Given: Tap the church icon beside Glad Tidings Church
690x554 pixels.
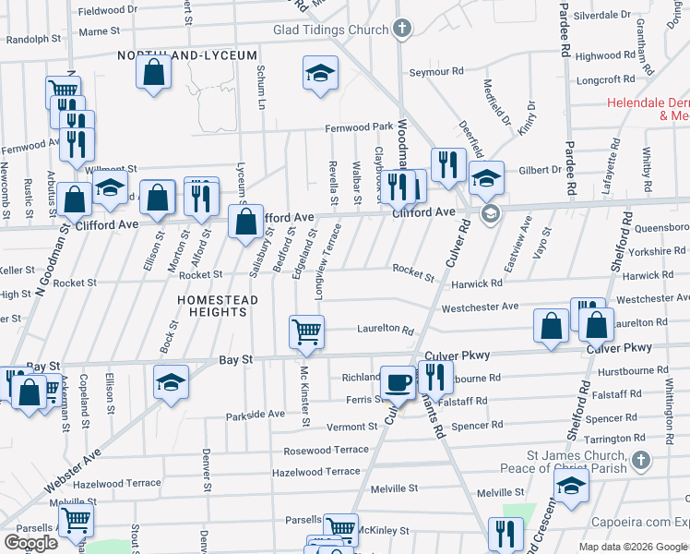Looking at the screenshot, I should coord(401,29).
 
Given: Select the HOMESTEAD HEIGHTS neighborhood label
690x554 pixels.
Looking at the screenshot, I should coord(213,306).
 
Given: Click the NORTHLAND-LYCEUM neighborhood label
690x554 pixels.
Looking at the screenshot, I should coord(187,55).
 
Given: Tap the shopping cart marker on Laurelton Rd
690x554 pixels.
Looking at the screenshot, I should coord(306,331).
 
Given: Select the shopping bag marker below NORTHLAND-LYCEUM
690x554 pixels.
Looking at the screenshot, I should coord(154,72).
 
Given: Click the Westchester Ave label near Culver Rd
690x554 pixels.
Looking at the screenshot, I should coord(480,307).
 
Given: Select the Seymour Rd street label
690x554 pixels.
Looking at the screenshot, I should coord(435,71).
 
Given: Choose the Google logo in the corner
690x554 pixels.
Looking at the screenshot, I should coord(30,543).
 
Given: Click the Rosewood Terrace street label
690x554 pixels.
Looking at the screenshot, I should coord(326,450).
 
